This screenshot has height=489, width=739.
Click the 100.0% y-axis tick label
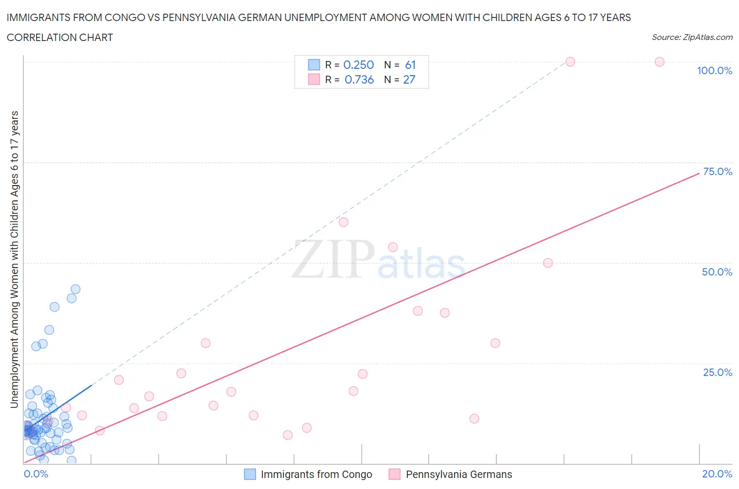click(x=714, y=70)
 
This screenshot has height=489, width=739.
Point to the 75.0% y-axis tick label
click(x=717, y=171)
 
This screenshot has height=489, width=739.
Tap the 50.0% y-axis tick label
click(x=717, y=272)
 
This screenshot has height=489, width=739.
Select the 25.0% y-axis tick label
click(x=717, y=372)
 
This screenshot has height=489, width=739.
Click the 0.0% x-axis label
click(x=36, y=474)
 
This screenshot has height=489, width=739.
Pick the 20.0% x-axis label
click(x=717, y=474)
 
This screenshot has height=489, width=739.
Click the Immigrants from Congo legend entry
click(x=316, y=474)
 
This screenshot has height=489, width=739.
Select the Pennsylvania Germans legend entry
click(x=458, y=474)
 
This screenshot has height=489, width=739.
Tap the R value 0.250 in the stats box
click(x=358, y=65)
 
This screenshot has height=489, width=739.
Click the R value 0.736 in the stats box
click(x=359, y=79)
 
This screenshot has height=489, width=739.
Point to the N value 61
click(x=410, y=65)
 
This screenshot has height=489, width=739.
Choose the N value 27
click(x=409, y=79)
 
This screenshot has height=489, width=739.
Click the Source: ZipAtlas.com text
click(x=692, y=37)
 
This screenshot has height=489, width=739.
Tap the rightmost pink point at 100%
click(x=660, y=62)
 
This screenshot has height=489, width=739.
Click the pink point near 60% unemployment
click(x=344, y=222)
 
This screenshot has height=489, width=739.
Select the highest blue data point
click(x=75, y=289)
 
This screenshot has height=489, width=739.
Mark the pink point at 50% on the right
click(x=548, y=263)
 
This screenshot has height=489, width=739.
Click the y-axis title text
click(x=14, y=259)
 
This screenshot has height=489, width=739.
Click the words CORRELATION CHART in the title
click(x=60, y=37)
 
